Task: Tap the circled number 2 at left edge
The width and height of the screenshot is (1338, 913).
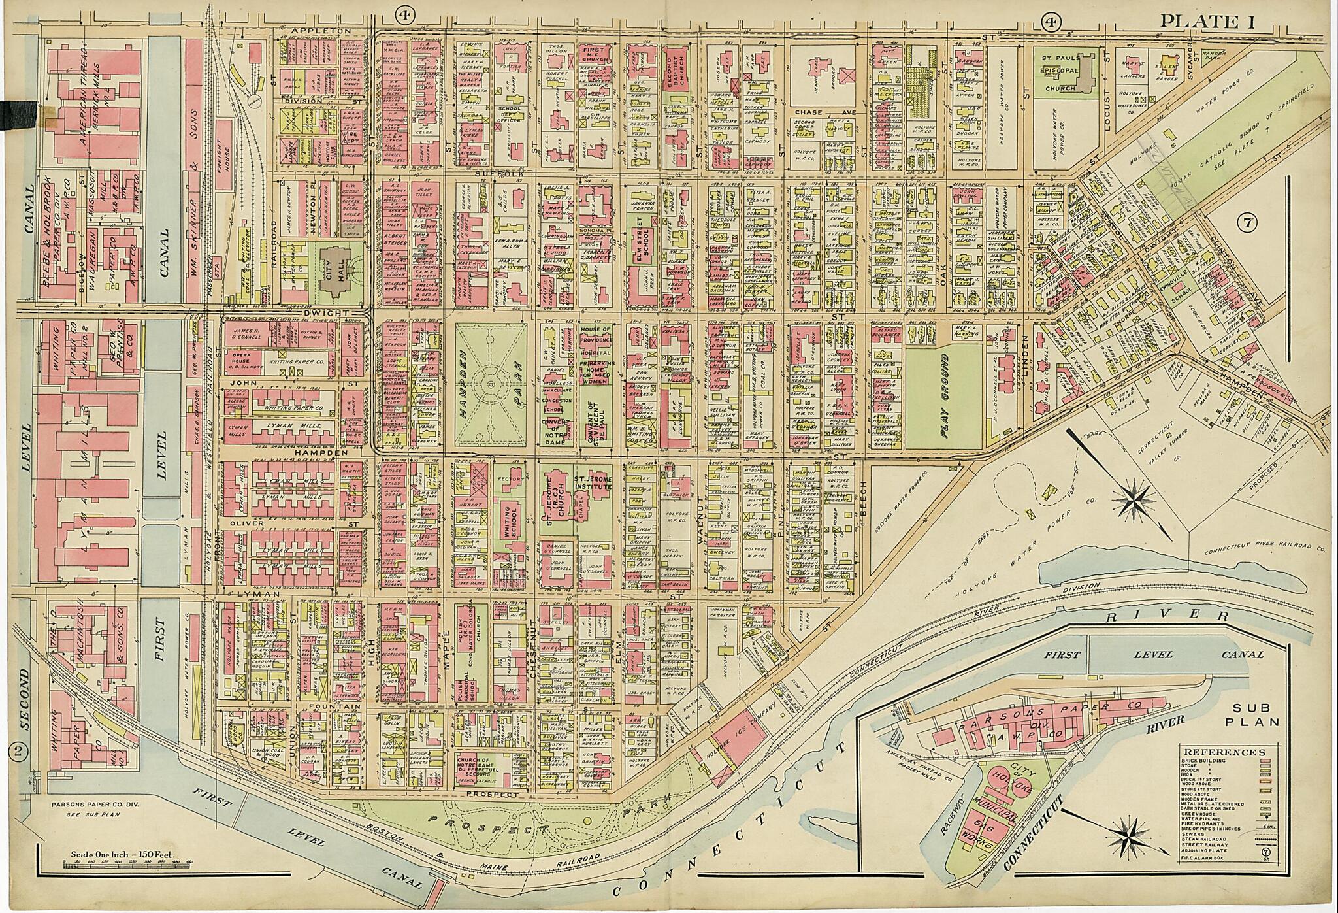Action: point(18,752)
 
